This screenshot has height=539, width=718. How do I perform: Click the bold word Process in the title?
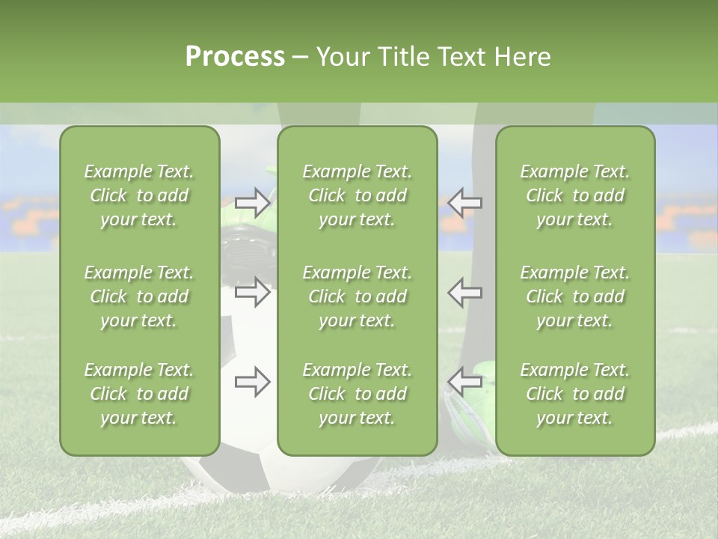click(235, 57)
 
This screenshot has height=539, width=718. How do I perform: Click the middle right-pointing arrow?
click(252, 292)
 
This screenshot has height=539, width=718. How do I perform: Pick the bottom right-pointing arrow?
click(252, 382)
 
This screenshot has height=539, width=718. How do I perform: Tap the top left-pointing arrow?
click(464, 202)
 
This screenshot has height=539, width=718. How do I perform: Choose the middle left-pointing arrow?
click(464, 292)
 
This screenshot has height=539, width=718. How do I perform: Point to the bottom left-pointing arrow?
click(464, 382)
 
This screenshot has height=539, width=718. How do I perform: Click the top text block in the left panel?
click(139, 195)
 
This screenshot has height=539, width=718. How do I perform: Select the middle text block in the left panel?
click(139, 296)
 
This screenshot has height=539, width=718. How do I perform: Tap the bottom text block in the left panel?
click(139, 394)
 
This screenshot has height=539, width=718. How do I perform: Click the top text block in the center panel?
click(357, 195)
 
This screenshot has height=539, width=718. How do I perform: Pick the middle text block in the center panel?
click(357, 296)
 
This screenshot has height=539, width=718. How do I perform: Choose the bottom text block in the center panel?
click(357, 394)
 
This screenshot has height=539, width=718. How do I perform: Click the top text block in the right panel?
click(574, 195)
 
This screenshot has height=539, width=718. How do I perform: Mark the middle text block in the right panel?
click(574, 296)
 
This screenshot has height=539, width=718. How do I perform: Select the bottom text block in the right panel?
click(574, 394)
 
